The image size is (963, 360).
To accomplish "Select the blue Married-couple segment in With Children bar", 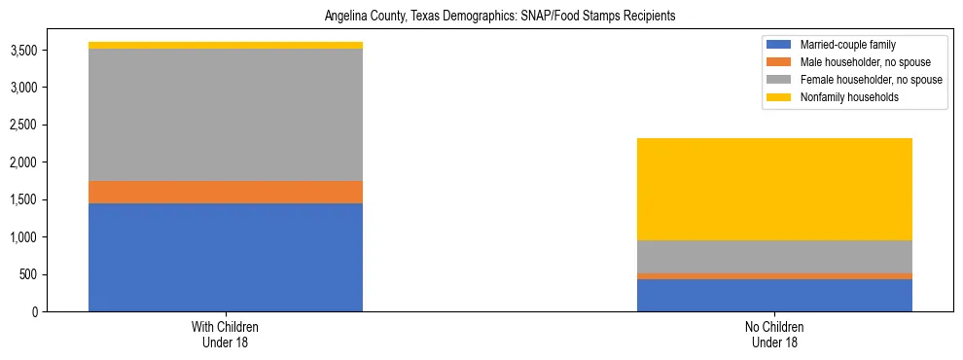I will pyautogui.click(x=226, y=257).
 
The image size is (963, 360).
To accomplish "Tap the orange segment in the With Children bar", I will pyautogui.click(x=226, y=193).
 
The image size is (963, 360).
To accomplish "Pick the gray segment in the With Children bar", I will pyautogui.click(x=226, y=115).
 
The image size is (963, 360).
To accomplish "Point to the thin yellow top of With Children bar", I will pyautogui.click(x=226, y=46).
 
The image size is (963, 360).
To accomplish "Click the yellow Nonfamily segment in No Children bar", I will pyautogui.click(x=774, y=189).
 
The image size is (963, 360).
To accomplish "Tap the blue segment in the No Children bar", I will pyautogui.click(x=774, y=295).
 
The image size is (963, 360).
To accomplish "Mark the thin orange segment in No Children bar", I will pyautogui.click(x=774, y=276).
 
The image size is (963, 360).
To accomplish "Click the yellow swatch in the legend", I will pyautogui.click(x=779, y=97).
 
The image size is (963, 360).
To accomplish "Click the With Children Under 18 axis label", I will pyautogui.click(x=226, y=335).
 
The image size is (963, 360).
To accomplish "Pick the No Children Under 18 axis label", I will pyautogui.click(x=774, y=335).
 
